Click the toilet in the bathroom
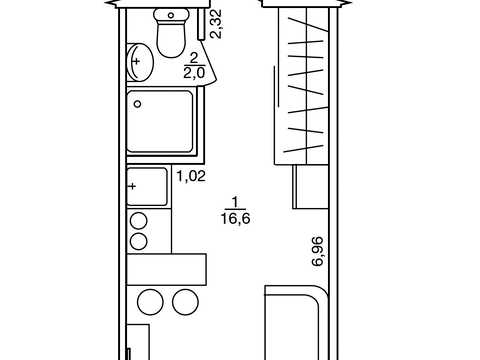point(171,32)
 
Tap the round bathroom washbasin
point(140,62)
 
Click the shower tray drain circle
point(137,104)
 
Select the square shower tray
point(160,121)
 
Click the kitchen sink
point(147,187)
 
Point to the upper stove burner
point(139,221)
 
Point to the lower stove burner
point(139,242)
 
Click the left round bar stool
point(151,302)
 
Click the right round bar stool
point(185,302)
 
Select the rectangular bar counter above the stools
point(166,269)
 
